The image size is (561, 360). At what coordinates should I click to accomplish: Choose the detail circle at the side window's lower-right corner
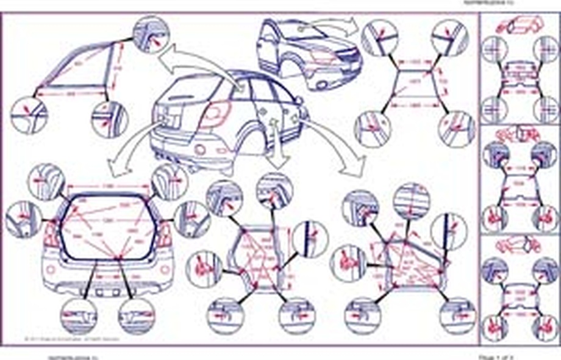point(110,119)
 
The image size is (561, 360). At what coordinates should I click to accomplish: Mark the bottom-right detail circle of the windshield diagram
point(456,128)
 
